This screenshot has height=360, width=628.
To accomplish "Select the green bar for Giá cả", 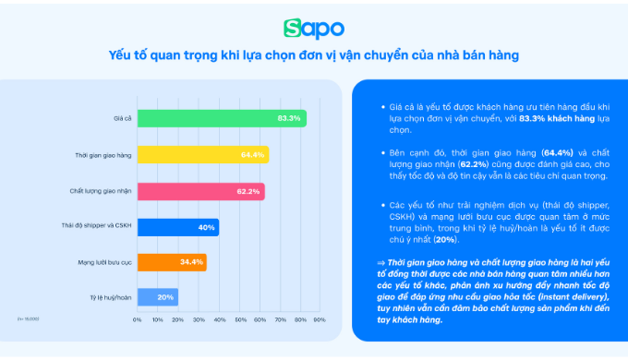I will [x=222, y=119].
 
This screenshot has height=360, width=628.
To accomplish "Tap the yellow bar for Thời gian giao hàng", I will [x=202, y=155].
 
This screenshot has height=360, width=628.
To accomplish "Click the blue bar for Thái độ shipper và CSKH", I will [x=177, y=226].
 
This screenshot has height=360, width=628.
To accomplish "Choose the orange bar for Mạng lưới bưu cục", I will [x=172, y=262].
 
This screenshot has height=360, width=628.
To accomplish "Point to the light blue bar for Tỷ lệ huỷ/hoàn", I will [x=157, y=297].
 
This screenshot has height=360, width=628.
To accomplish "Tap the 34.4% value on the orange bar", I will [x=192, y=262].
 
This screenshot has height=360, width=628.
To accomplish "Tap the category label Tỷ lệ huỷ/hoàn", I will [x=109, y=297].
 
